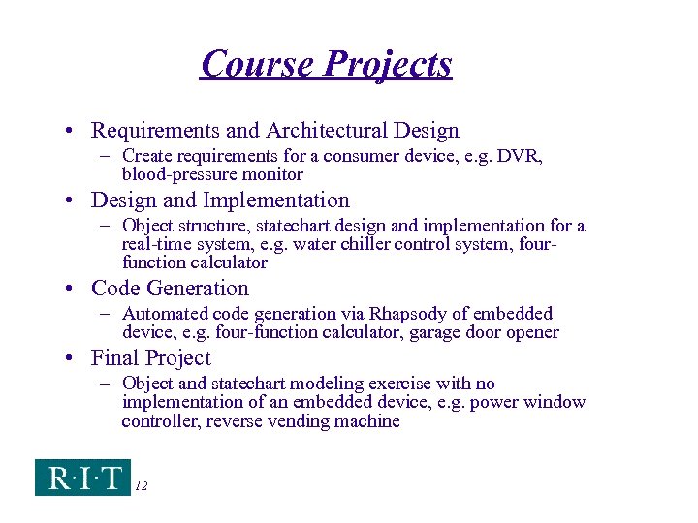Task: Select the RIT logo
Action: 82,477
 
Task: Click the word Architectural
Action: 330,130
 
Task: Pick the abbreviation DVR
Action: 523,156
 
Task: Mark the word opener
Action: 530,333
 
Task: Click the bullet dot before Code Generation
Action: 72,289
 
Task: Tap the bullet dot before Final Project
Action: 72,358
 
